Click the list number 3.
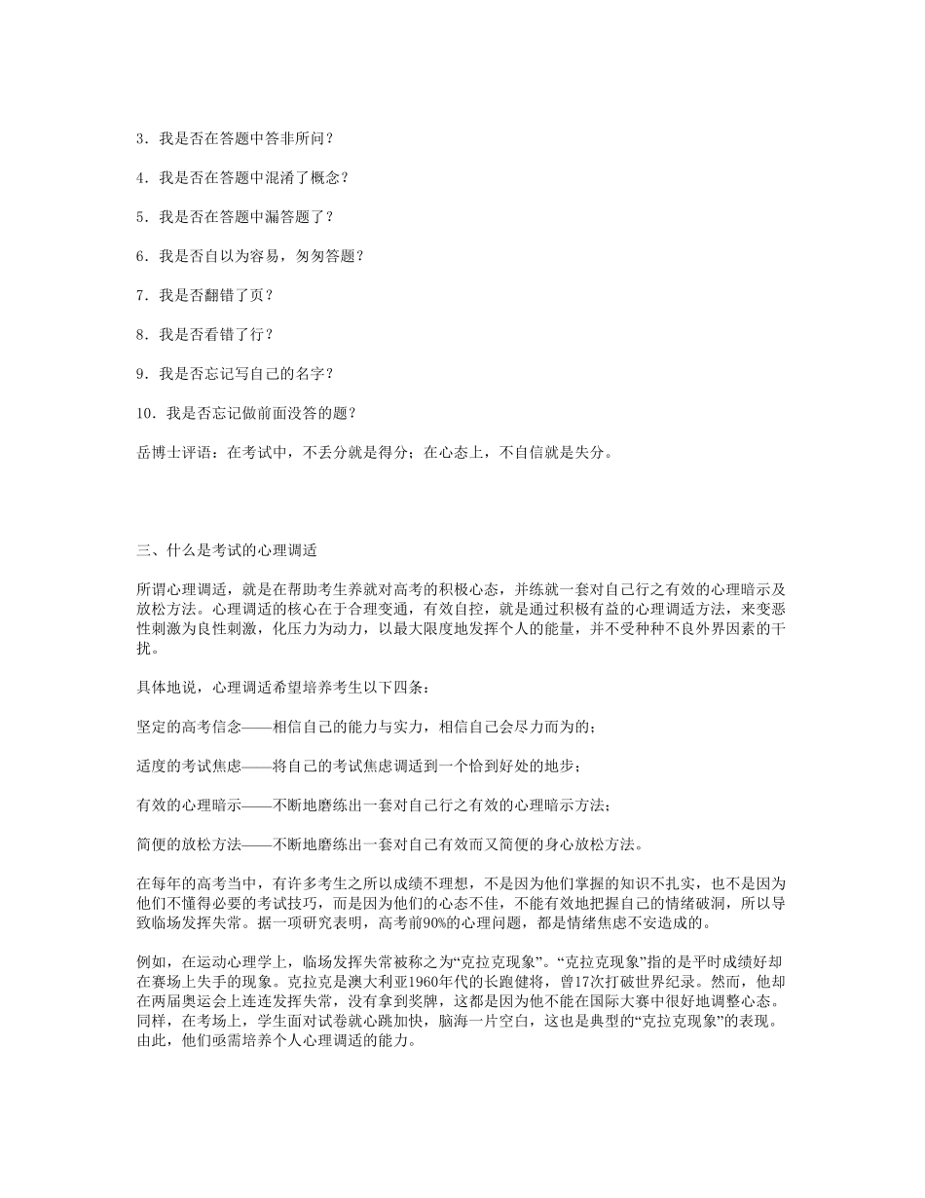coord(141,138)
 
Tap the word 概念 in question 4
coord(317,177)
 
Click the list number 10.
coord(145,411)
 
